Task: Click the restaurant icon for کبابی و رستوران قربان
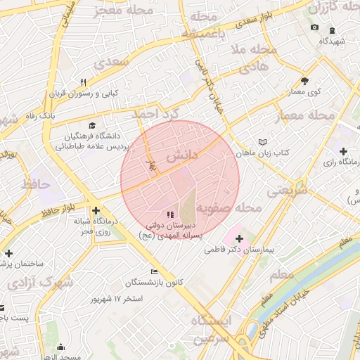[x=84, y=82]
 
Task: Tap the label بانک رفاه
[x=40, y=114]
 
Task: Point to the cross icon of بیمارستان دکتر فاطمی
[x=239, y=238]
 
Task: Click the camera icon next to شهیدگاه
[x=314, y=27]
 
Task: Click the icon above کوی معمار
[x=304, y=81]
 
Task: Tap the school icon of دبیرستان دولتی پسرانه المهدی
[x=169, y=214]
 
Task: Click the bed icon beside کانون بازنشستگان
[x=154, y=272]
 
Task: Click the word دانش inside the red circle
[x=181, y=156]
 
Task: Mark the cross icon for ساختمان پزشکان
[x=8, y=253]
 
